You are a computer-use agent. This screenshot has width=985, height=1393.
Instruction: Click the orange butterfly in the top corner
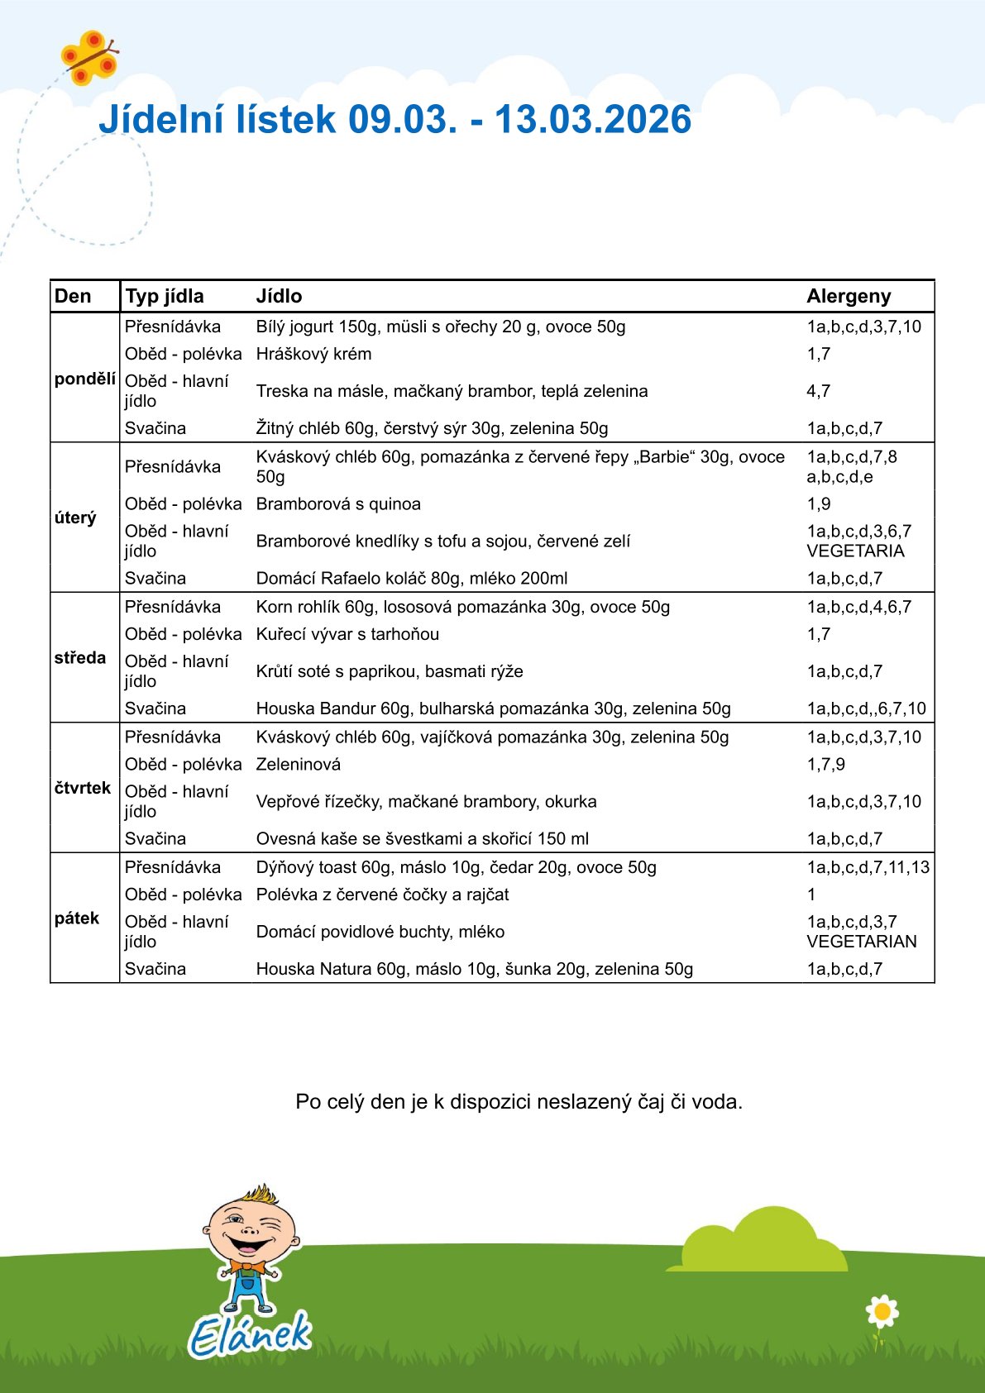coord(88,58)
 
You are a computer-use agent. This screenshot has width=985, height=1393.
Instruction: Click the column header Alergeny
coord(849,296)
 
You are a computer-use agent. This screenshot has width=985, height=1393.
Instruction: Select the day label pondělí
coord(84,379)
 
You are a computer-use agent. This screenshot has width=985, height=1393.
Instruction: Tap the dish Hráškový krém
coord(313,354)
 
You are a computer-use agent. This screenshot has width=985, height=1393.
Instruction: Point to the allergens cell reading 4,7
coord(818,391)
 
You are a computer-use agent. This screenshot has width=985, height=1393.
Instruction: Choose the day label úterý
coord(75,518)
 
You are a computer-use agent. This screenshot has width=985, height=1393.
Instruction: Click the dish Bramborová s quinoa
coord(338,504)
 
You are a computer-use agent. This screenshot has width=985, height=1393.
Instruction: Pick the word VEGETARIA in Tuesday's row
coord(855,551)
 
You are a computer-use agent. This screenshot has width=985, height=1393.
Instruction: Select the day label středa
coord(80,658)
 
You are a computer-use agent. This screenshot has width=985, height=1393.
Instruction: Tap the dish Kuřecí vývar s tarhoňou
coord(347,634)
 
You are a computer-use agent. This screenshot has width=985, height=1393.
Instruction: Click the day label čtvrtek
coord(83,788)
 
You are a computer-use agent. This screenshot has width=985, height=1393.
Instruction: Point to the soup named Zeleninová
coord(298,765)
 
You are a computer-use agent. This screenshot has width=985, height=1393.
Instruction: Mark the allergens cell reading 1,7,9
coord(825,765)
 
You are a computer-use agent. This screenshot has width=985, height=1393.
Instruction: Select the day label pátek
coord(77,918)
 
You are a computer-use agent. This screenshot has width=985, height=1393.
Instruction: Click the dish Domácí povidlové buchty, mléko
coord(380,932)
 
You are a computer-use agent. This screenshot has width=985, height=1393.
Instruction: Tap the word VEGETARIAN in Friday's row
coord(861,942)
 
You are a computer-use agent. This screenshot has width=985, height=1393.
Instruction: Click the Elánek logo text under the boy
coord(249,1333)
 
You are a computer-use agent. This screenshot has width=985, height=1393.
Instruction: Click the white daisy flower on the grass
coord(882,1311)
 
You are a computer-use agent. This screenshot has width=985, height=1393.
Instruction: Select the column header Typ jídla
coord(164,296)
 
